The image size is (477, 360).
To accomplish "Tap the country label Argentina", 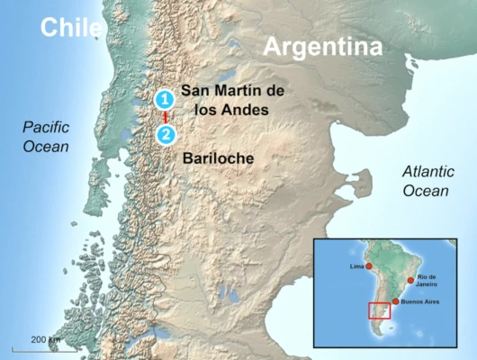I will pyautogui.click(x=323, y=47).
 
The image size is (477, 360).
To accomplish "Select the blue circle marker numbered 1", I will pyautogui.click(x=165, y=99).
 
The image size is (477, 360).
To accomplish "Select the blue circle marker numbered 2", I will pyautogui.click(x=165, y=135).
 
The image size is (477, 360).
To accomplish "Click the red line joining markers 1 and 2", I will pyautogui.click(x=165, y=117).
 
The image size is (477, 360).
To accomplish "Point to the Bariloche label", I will pyautogui.click(x=218, y=159).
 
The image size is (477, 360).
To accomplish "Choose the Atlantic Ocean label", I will pyautogui.click(x=423, y=181).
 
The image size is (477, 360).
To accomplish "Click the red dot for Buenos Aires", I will pyautogui.click(x=395, y=301).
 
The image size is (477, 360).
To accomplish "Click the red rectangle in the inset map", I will pyautogui.click(x=381, y=311).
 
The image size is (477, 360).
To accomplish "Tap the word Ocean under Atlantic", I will pyautogui.click(x=423, y=190).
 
